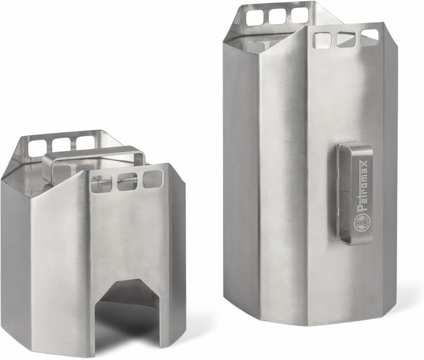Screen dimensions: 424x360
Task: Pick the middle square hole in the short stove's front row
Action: (x=127, y=181)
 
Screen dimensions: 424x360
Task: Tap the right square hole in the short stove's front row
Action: (x=153, y=179)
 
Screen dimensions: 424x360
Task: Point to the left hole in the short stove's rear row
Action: (x=38, y=147)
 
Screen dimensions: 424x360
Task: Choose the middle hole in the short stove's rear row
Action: (x=61, y=144)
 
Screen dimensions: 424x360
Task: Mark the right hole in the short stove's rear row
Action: (x=85, y=142)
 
